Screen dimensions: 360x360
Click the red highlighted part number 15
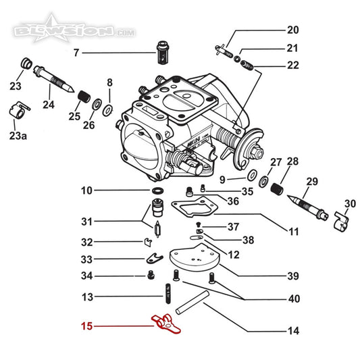[x=86, y=326]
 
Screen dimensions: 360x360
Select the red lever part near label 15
[x=165, y=324]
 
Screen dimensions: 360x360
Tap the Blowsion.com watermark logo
[x=74, y=28]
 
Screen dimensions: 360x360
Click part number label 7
[x=76, y=53]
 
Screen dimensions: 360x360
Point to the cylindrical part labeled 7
[x=163, y=53]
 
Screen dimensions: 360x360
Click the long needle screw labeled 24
[x=53, y=78]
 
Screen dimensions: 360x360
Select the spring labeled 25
[x=84, y=97]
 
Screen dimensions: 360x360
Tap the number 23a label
[x=18, y=136]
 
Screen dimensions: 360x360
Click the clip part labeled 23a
[x=20, y=110]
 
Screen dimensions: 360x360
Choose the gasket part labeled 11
[x=195, y=207]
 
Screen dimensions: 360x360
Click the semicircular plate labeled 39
[x=195, y=257]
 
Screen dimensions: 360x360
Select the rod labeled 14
[x=192, y=302]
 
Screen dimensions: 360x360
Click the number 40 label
[x=294, y=299]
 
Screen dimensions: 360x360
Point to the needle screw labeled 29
[x=308, y=207]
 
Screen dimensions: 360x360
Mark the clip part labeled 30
[x=341, y=222]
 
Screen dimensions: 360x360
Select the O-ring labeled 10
[x=158, y=190]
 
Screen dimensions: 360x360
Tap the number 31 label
[x=86, y=222]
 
